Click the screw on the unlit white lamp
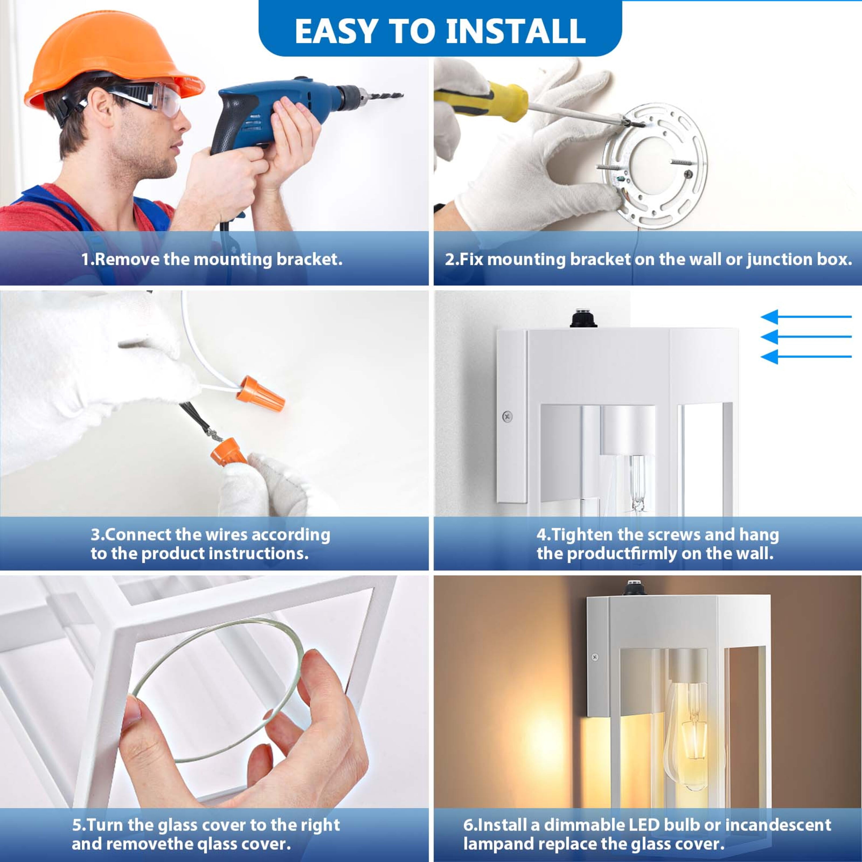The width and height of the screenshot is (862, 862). coord(507,416)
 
